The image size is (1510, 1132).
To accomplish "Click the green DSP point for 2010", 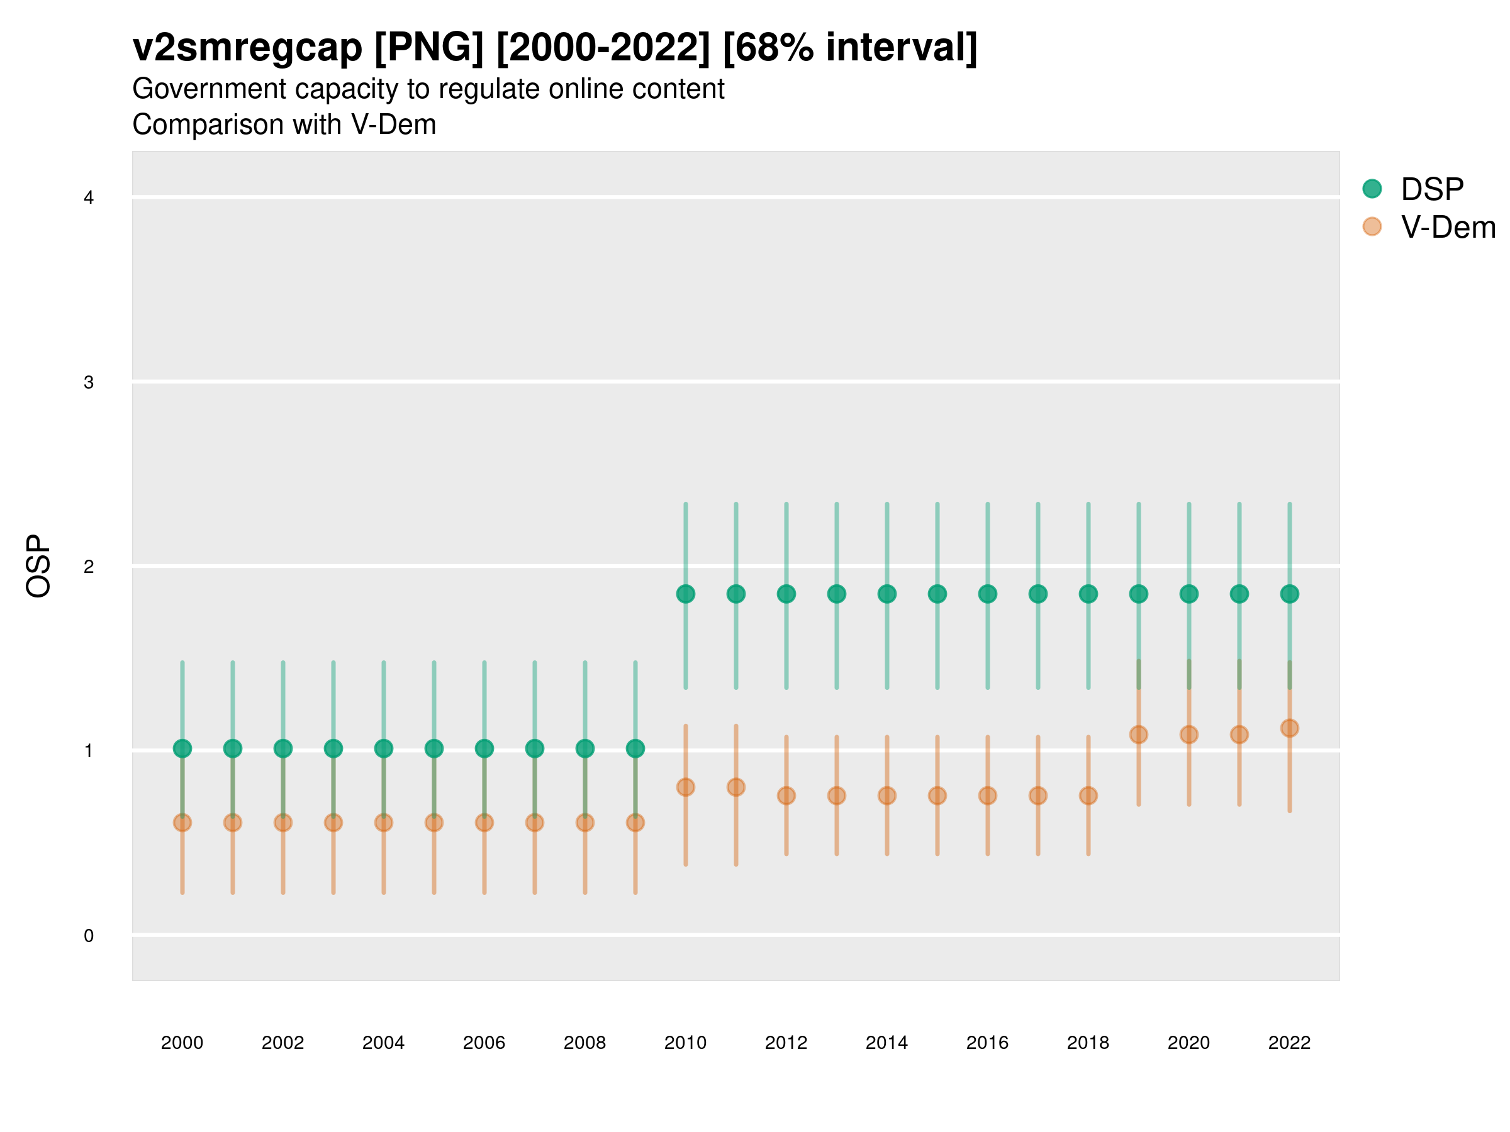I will (x=685, y=594).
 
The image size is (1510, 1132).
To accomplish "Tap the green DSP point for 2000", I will (x=182, y=748).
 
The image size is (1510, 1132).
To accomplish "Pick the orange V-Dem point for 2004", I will (x=384, y=823).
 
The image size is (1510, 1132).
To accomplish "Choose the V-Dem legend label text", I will (x=1448, y=227).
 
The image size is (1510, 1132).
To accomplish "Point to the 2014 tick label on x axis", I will (x=886, y=1043).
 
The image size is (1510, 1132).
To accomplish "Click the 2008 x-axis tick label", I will (x=585, y=1043).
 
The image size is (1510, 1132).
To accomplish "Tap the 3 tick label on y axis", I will (x=89, y=382).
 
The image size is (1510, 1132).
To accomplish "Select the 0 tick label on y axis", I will (x=89, y=936).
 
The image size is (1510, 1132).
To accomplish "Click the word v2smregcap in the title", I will (x=247, y=48).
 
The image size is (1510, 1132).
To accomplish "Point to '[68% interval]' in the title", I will (x=849, y=48).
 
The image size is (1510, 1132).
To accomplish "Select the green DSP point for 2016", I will (x=988, y=594).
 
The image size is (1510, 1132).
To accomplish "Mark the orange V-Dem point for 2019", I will (x=1139, y=734).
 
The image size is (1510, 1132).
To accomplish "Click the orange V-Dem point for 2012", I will (x=786, y=796).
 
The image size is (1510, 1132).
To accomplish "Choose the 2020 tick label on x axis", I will (x=1188, y=1043).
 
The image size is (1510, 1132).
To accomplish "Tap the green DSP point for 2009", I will (x=635, y=748).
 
